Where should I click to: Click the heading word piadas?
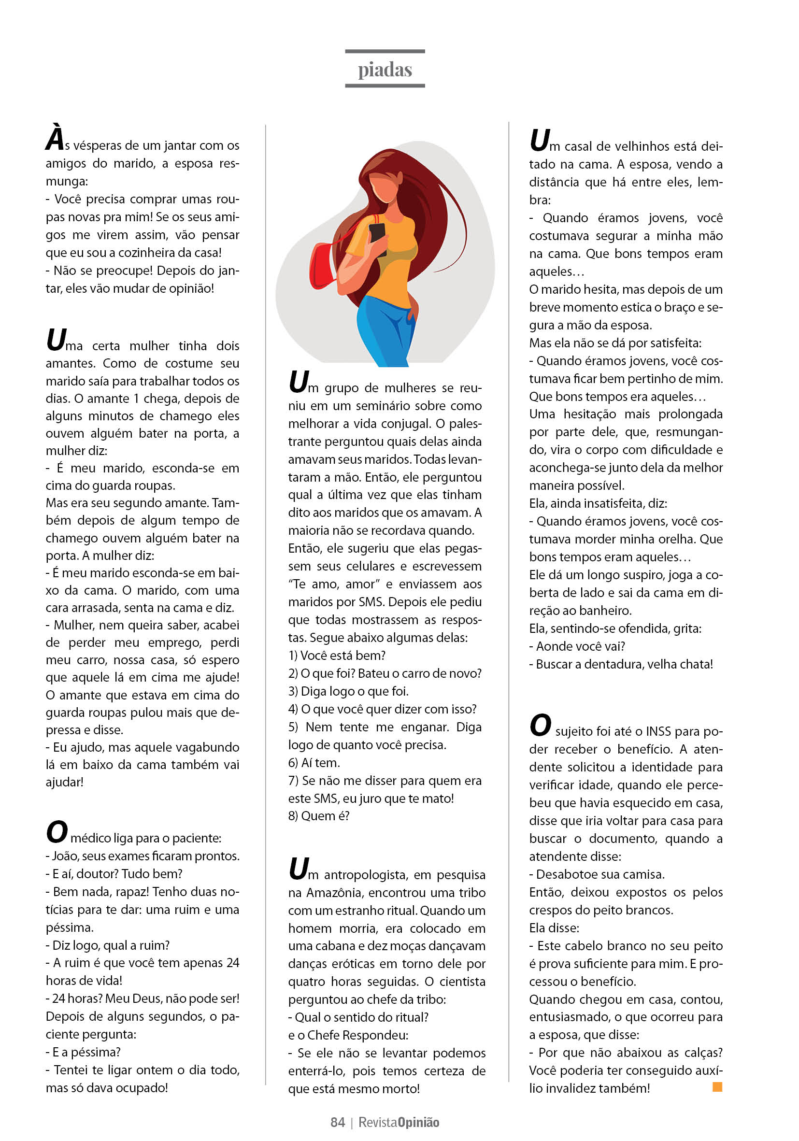385,70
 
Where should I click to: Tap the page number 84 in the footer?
337,1122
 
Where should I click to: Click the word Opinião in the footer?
418,1122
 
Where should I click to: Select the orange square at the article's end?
717,1086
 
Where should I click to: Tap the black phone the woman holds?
378,237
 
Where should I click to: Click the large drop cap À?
55,138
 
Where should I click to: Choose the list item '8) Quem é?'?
319,816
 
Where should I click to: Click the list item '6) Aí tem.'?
314,762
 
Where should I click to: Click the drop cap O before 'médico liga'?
57,832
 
